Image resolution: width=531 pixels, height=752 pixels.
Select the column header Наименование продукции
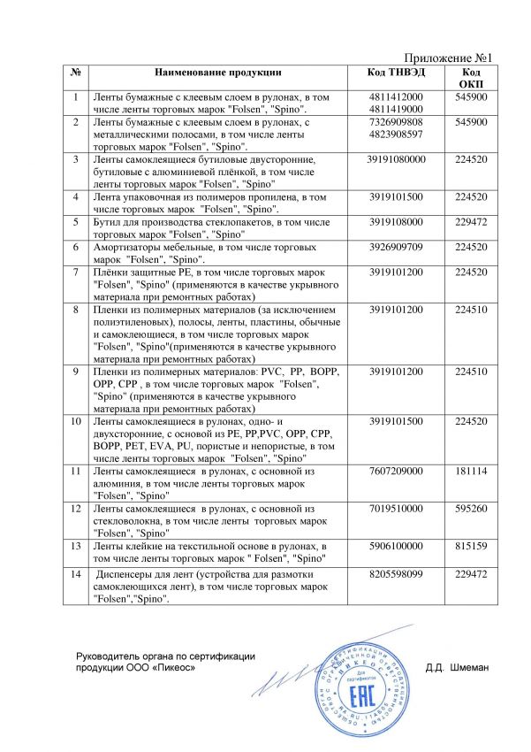pos(218,72)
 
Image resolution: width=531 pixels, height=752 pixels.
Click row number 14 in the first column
pos(76,574)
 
